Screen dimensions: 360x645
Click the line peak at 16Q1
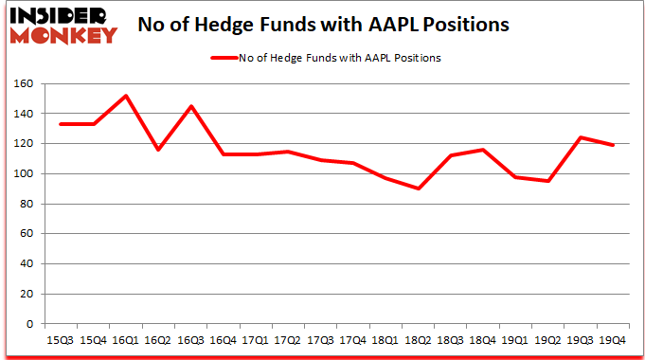tap(126, 96)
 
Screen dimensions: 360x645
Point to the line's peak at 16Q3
tap(191, 106)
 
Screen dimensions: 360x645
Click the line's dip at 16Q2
tap(159, 150)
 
